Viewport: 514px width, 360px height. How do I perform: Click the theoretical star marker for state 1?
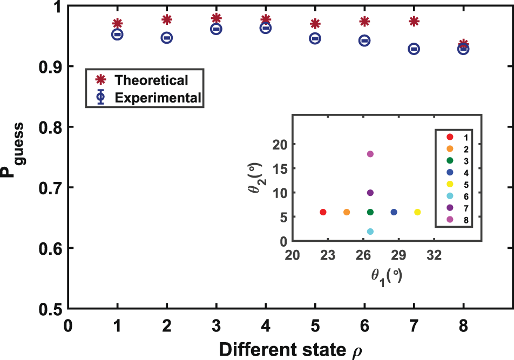point(117,23)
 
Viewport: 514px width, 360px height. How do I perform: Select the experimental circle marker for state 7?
point(414,49)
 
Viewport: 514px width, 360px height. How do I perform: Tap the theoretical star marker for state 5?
point(315,24)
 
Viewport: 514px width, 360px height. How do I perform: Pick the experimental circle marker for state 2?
point(167,38)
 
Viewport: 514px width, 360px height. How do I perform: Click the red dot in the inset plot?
point(323,212)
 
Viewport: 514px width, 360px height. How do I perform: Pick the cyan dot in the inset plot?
point(370,232)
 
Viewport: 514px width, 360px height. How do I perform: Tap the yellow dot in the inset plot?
point(417,212)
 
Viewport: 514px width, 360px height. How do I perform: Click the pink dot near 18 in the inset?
point(370,154)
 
